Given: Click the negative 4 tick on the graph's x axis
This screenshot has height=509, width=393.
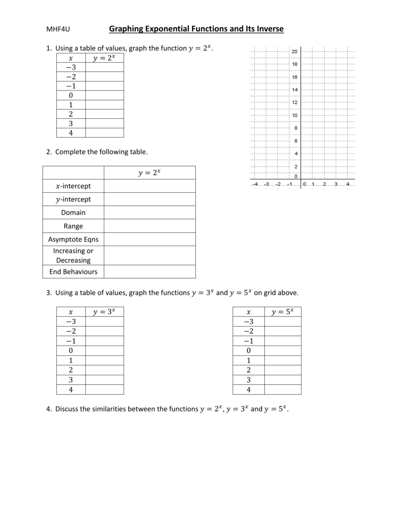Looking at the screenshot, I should [x=254, y=184].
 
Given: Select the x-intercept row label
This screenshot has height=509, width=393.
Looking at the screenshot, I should [x=73, y=186].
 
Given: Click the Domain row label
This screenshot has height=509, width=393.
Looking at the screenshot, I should [x=73, y=212].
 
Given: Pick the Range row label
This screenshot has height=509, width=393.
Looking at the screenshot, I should [x=73, y=226].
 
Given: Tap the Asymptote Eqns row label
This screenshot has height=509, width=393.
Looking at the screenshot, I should [x=73, y=239].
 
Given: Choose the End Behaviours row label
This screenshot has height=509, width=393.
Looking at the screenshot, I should [x=73, y=271].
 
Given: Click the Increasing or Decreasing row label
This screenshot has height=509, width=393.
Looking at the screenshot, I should [x=73, y=255].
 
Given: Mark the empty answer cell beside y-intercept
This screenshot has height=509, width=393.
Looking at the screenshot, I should [x=150, y=199].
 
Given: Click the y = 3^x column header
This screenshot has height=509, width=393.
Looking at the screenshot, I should [x=104, y=312].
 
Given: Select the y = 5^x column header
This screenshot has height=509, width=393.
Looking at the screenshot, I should [x=282, y=312].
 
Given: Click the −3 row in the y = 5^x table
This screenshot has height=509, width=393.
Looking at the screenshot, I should [x=248, y=322].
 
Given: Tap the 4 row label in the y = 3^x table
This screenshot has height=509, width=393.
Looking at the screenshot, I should [x=71, y=390].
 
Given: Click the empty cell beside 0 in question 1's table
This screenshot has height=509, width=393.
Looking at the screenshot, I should [x=104, y=95].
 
